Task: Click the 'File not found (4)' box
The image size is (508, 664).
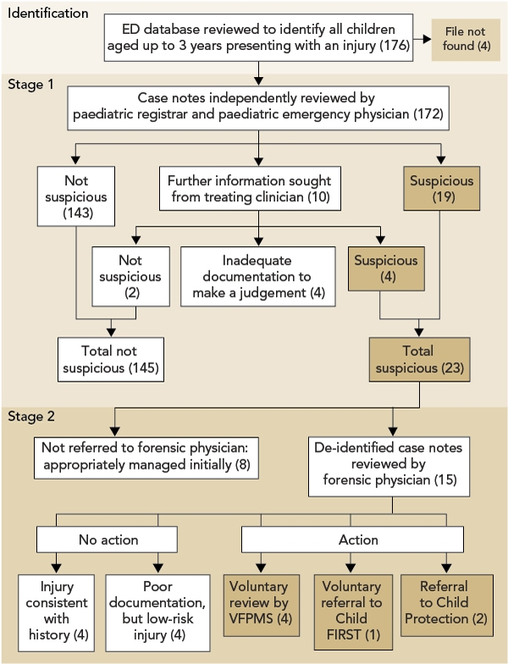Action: click(466, 40)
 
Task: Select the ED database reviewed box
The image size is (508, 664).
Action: click(259, 38)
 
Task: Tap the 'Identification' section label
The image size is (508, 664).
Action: click(47, 14)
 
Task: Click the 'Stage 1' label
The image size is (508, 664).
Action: click(30, 85)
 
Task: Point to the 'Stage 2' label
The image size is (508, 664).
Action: click(31, 416)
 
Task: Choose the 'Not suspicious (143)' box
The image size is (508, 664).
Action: click(76, 196)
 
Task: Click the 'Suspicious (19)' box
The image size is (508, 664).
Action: click(441, 189)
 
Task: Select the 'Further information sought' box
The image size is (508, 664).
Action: click(250, 189)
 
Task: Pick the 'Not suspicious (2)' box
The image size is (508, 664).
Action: click(130, 277)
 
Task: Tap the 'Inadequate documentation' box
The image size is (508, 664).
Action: click(258, 277)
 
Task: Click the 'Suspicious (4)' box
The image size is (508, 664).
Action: click(386, 268)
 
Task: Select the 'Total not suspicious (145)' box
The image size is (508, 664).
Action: click(111, 359)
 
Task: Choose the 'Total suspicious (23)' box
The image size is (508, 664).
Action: click(419, 359)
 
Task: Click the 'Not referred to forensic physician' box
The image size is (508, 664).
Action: click(146, 458)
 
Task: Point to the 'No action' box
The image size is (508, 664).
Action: click(107, 540)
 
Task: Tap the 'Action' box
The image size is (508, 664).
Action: click(352, 540)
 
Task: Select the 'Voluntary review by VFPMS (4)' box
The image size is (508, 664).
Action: click(262, 605)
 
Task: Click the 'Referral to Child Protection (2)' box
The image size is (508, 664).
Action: click(446, 605)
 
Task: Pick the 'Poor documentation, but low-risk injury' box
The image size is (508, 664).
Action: click(157, 612)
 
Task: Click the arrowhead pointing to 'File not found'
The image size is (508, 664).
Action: click(427, 39)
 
